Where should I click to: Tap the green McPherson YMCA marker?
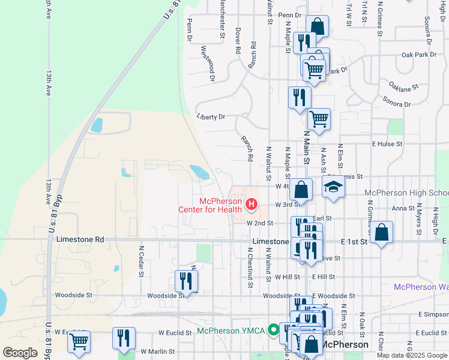(x=273, y=329)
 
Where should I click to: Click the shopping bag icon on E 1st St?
(x=381, y=232)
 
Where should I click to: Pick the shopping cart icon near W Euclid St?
(x=79, y=341)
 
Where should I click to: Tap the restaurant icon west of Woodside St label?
(x=187, y=281)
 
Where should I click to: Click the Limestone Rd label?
(x=80, y=239)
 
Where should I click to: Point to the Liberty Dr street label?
(x=210, y=116)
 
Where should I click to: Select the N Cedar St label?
(x=142, y=260)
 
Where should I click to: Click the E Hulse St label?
(x=387, y=144)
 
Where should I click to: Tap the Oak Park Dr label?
(x=418, y=55)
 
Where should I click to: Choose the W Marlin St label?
(x=157, y=352)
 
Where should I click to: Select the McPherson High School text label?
(x=406, y=193)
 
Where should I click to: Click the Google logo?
(x=20, y=353)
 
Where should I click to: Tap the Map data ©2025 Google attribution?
(x=412, y=355)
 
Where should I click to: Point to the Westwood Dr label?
(x=208, y=63)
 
